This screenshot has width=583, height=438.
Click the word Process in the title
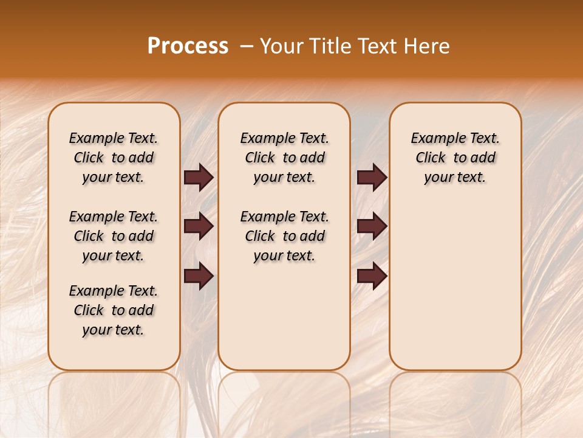pos(187,46)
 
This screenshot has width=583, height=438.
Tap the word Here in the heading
pos(428,46)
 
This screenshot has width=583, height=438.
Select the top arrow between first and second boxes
pos(199,178)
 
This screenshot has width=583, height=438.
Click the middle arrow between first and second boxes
pos(199,227)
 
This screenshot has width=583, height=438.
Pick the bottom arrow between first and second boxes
pos(199,276)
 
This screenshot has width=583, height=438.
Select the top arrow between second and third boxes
pos(372,178)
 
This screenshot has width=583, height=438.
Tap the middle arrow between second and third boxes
pos(372,227)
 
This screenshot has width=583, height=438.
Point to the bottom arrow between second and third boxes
pos(372,276)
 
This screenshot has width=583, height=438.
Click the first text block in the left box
pos(113,158)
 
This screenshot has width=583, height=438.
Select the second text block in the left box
pos(113,236)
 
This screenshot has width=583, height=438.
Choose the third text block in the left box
pos(113,310)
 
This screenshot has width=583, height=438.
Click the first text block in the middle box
pos(284,158)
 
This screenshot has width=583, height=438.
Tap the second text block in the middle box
pos(284,236)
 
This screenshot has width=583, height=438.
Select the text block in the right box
pos(455,158)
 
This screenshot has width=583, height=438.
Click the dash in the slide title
pos(247,47)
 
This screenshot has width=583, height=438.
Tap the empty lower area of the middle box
pos(284,316)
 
